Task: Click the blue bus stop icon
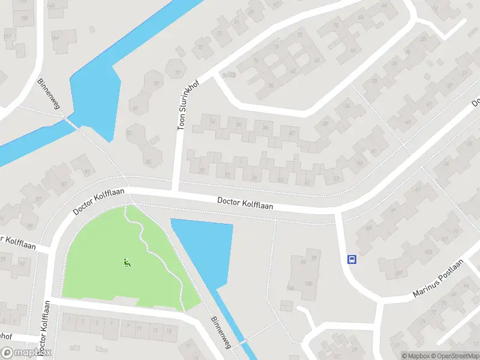(352, 260)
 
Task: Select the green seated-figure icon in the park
(127, 262)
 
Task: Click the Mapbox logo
(26, 353)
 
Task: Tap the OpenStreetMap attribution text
(454, 356)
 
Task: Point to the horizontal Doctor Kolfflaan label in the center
(245, 204)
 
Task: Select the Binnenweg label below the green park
(220, 332)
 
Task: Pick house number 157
(8, 37)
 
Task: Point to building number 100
(308, 283)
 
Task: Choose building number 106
(290, 288)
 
